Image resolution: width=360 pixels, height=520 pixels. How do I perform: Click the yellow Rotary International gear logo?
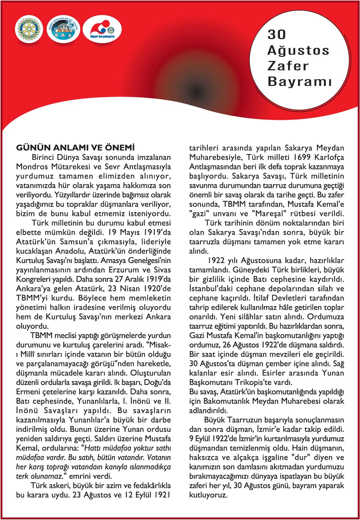coord(28,29)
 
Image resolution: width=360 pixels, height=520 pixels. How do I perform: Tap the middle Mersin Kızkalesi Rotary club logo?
coord(64,29)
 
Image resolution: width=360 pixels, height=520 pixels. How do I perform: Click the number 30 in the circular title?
coord(277,34)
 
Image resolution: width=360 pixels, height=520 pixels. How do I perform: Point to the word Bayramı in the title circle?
coord(299,81)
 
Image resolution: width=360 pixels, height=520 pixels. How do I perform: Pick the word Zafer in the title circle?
coord(288,66)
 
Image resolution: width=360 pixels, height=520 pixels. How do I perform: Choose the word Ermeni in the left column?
coord(27,392)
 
